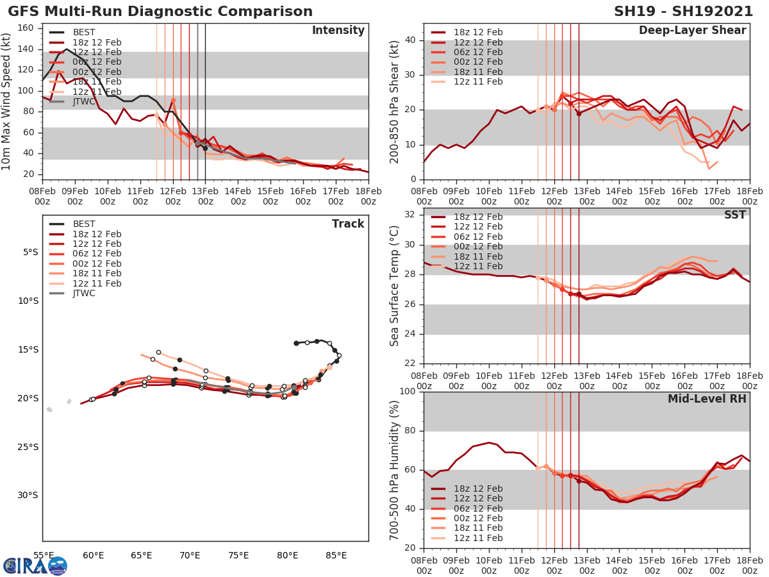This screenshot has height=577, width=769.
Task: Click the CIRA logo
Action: (x=35, y=565)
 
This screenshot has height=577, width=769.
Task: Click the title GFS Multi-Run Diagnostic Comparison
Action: (x=160, y=12)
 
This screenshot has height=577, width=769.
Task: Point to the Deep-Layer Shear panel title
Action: (x=692, y=31)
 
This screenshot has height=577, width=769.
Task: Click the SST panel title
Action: (x=734, y=215)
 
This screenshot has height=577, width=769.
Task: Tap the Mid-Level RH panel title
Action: (x=707, y=399)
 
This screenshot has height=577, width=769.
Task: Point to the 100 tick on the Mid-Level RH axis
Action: (x=408, y=392)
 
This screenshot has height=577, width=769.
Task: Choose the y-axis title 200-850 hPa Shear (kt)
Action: (x=395, y=101)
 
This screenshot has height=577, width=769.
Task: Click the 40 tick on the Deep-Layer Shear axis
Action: (x=410, y=40)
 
